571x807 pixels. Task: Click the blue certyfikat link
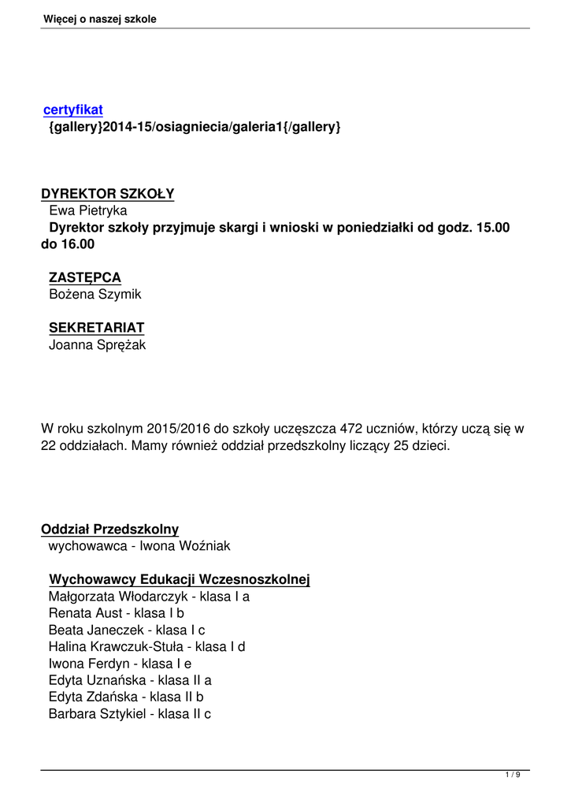coord(73,110)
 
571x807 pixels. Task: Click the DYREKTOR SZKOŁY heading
coord(108,194)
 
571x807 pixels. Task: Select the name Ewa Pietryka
coord(88,210)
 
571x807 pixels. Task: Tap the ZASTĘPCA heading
coord(85,277)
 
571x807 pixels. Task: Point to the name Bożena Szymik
coord(95,294)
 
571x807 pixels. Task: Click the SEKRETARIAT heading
coord(97,327)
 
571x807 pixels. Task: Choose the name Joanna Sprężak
coord(98,344)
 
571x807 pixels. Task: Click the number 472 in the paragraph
coord(350,429)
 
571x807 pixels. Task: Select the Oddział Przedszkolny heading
coord(110,529)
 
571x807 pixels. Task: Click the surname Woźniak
coord(203,545)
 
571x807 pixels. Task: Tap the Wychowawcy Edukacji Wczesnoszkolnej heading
coord(180,580)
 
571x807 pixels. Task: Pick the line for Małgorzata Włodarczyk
coord(149,597)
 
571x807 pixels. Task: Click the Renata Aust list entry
coord(117,612)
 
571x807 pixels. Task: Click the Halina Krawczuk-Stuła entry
coord(147,646)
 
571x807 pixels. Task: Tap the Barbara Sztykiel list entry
coord(130,714)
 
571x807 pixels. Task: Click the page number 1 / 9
coord(513,776)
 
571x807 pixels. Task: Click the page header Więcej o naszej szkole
coord(100,19)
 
